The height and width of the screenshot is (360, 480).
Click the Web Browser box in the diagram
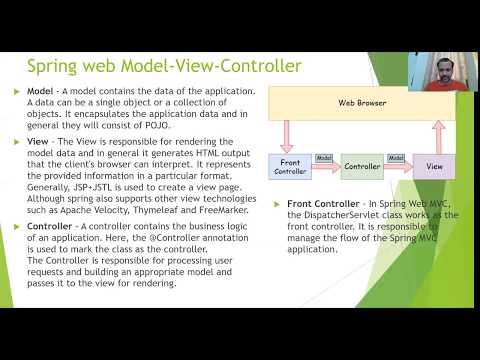tap(361, 103)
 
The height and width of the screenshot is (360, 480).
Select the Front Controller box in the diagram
tap(293, 165)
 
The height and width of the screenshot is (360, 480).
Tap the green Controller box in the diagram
tap(362, 165)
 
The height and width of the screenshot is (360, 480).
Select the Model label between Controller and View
tap(397, 158)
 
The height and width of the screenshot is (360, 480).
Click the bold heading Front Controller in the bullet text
tap(323, 203)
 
